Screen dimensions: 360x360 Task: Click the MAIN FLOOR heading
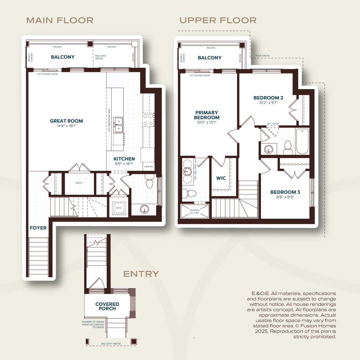coord(60,20)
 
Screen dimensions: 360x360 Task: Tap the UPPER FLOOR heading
coord(218,20)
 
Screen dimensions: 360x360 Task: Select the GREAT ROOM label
coord(67,121)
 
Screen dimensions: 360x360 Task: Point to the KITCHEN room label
coord(124,159)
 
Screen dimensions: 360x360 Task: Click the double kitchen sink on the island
coord(118,125)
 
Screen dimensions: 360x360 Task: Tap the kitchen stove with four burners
coord(148,120)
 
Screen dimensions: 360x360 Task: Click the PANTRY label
coord(149,166)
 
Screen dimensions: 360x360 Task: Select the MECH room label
coord(79,183)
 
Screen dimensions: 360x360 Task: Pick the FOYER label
coord(38,228)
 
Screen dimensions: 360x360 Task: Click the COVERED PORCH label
coord(107,306)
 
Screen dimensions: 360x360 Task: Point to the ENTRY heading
coord(141,274)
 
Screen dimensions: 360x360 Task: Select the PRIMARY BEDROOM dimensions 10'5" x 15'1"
coord(207,122)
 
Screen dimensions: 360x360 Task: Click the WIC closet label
coord(221,178)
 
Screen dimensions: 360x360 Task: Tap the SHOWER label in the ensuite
coord(194,210)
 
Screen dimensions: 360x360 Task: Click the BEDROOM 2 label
coord(268,98)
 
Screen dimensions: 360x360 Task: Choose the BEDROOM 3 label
coord(285,192)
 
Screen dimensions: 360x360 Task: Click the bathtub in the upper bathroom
coord(302,141)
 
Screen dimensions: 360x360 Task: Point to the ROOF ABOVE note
coord(262,56)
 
